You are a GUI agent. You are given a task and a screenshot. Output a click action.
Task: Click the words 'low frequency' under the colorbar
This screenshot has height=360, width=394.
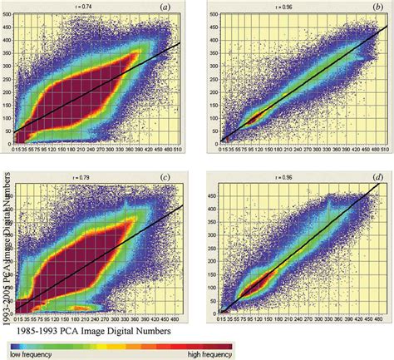[x=26, y=354]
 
